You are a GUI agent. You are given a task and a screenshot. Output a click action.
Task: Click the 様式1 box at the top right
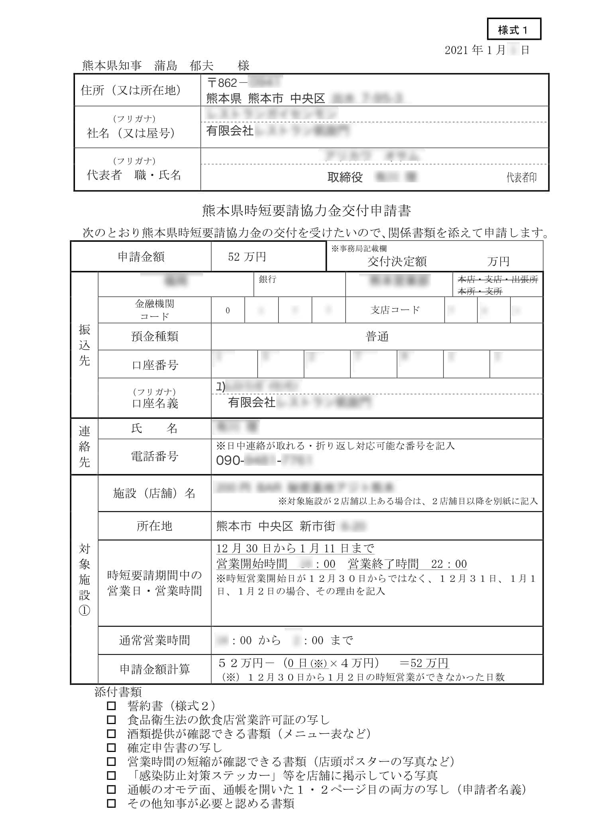coord(513,29)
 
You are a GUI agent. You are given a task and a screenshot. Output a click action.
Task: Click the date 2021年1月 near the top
coord(475,50)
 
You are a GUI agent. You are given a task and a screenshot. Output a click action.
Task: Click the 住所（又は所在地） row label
coord(131,90)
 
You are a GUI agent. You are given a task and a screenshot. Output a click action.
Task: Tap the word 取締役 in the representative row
coord(345,177)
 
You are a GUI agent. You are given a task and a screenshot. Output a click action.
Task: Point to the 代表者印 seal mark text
coord(521,178)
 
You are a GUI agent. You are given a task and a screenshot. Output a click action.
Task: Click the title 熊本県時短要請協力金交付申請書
coord(306,210)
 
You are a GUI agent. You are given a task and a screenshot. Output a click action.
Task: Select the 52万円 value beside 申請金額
coord(247,257)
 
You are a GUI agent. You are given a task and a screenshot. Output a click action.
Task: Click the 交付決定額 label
coord(397,262)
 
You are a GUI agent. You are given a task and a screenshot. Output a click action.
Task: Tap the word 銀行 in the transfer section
coord(267,279)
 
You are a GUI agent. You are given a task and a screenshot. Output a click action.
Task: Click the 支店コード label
coord(395,310)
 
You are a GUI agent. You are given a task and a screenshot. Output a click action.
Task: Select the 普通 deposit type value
coord(377,337)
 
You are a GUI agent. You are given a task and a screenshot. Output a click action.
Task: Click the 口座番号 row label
coord(155,365)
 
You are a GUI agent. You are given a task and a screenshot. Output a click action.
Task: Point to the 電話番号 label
coord(155,456)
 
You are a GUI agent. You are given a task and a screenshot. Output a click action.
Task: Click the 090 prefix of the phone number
coord(228,461)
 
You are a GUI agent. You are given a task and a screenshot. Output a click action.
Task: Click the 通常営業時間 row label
coord(155,640)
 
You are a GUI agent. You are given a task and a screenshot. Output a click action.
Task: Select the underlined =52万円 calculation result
coord(424,663)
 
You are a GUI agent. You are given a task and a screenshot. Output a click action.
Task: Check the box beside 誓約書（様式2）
coord(112,706)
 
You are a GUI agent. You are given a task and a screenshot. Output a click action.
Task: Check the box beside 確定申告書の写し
coord(112,748)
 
